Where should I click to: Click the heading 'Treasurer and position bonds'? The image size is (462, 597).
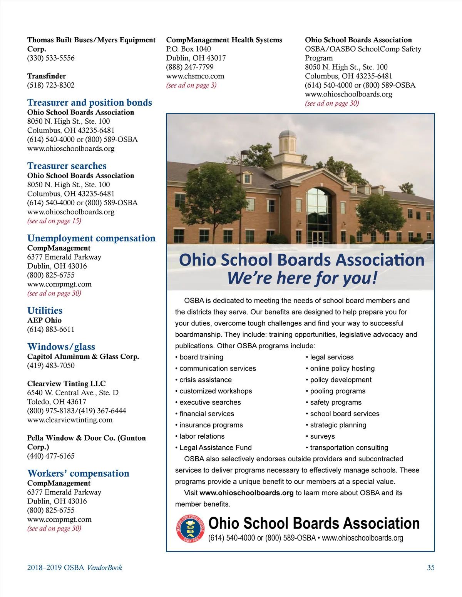pyautogui.click(x=89, y=103)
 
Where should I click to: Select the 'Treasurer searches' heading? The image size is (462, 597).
pyautogui.click(x=67, y=166)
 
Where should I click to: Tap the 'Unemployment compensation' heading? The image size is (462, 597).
pyautogui.click(x=91, y=238)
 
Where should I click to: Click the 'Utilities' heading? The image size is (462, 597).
pyautogui.click(x=45, y=311)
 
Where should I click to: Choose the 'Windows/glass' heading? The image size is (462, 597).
pyautogui.click(x=61, y=347)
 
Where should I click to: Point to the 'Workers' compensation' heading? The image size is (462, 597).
pyautogui.click(x=78, y=473)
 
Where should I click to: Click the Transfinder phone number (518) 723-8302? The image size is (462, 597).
pyautogui.click(x=51, y=85)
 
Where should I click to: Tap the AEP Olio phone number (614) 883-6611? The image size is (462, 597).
pyautogui.click(x=51, y=329)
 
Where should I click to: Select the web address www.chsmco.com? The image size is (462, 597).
pyautogui.click(x=195, y=76)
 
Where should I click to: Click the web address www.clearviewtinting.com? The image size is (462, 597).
pyautogui.click(x=70, y=420)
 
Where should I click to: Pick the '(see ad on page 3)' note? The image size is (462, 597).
pyautogui.click(x=191, y=85)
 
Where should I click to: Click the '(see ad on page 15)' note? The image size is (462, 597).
pyautogui.click(x=54, y=221)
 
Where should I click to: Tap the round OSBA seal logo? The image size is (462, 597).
pyautogui.click(x=190, y=529)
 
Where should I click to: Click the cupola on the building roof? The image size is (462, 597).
pyautogui.click(x=287, y=141)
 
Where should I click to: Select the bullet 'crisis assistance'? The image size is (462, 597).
pyautogui.click(x=205, y=380)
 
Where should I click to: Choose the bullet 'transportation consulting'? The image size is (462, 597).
pyautogui.click(x=349, y=447)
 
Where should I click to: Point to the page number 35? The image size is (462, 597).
pyautogui.click(x=431, y=567)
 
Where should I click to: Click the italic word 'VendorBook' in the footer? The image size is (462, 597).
pyautogui.click(x=104, y=567)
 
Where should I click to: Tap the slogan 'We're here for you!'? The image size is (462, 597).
pyautogui.click(x=302, y=278)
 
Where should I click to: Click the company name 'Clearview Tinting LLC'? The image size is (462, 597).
pyautogui.click(x=66, y=384)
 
